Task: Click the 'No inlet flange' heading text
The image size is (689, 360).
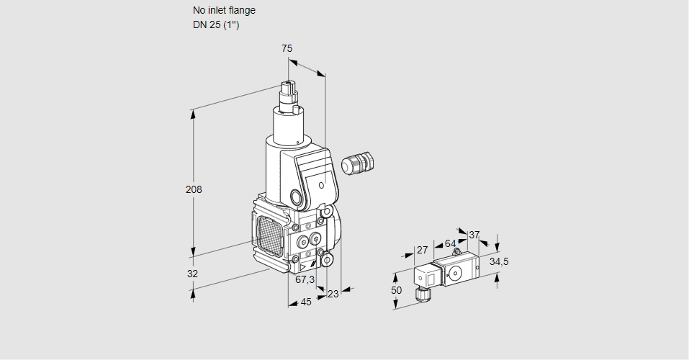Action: tap(224, 11)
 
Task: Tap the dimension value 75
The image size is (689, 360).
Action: tap(287, 48)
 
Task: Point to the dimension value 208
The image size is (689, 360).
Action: tap(194, 190)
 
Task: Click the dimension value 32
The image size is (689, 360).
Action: tap(192, 274)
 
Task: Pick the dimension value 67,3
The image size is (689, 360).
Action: tap(305, 279)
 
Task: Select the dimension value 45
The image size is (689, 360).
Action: tap(306, 302)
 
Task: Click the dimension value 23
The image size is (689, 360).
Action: tap(333, 293)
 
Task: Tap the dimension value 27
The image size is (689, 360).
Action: tap(423, 250)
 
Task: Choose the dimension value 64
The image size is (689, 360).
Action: tap(450, 243)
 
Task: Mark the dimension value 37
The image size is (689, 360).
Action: tap(474, 235)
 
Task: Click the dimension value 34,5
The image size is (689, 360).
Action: tap(499, 261)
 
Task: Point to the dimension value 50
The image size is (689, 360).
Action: tap(396, 289)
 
